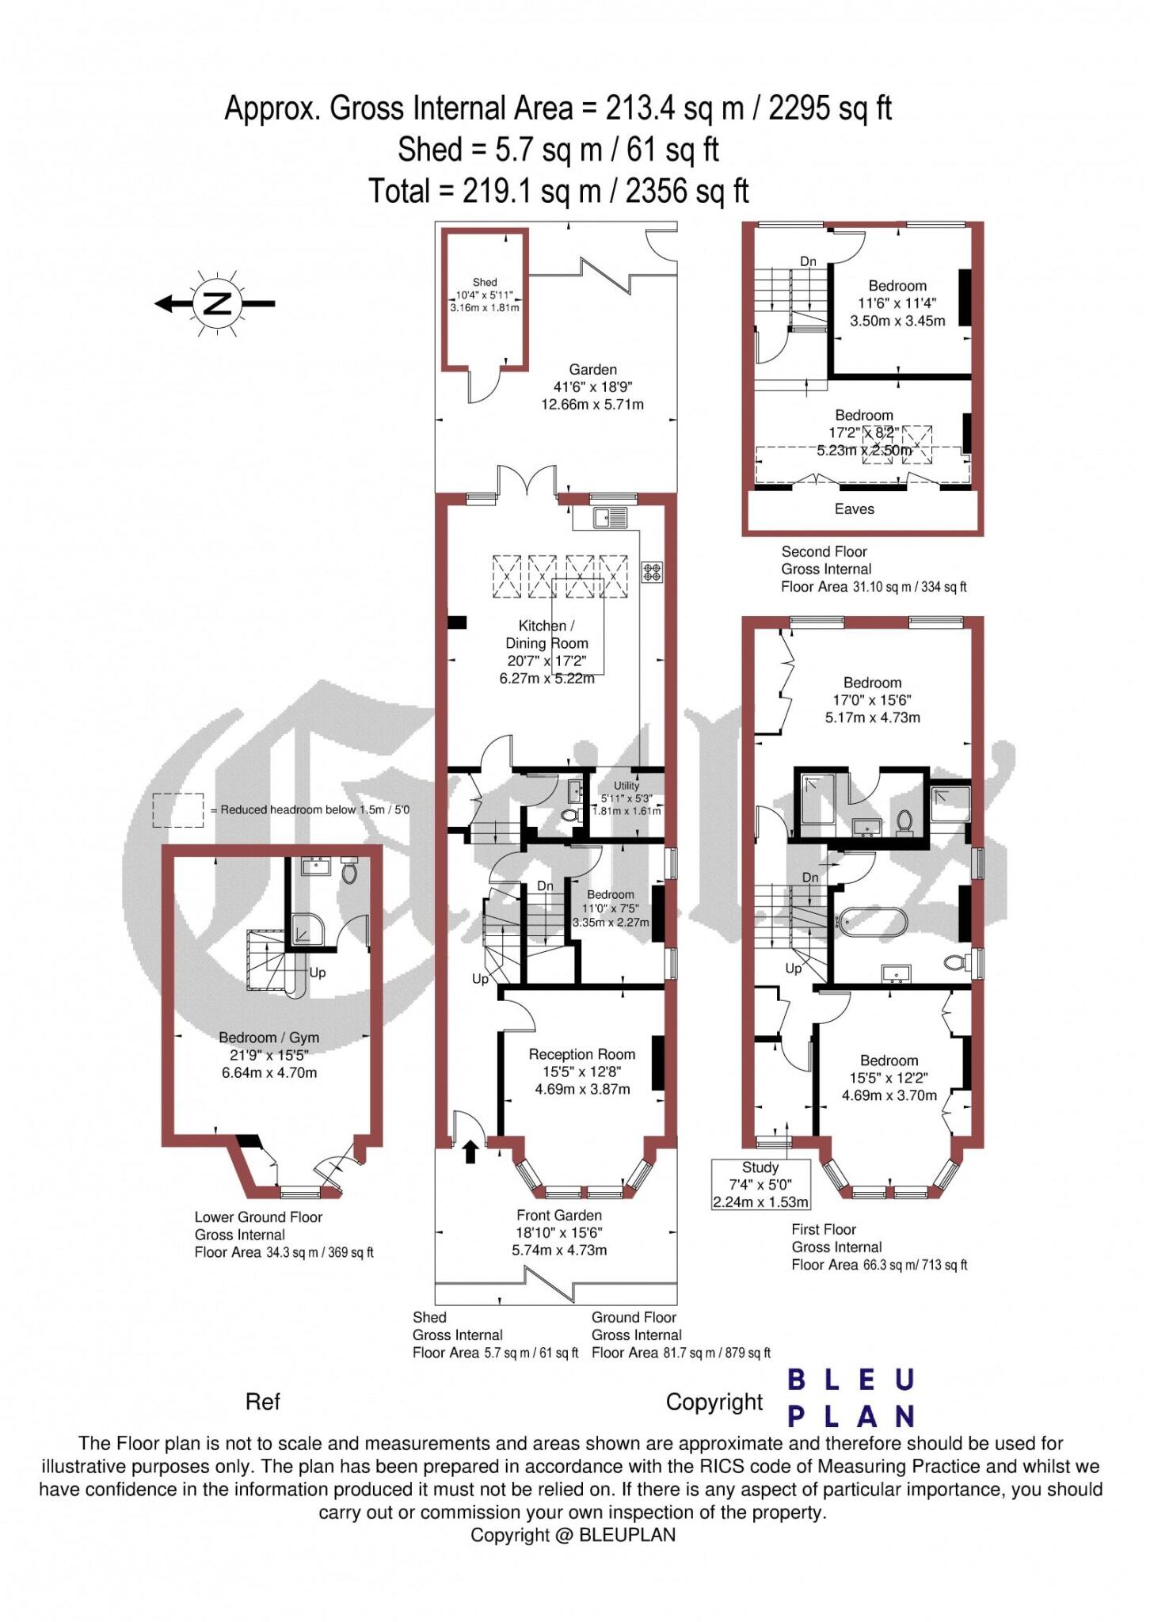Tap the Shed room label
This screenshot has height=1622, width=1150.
click(x=485, y=282)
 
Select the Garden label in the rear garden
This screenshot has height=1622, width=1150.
click(x=592, y=369)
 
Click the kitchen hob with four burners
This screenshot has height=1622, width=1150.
click(x=652, y=572)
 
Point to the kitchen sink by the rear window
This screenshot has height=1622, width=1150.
click(x=609, y=517)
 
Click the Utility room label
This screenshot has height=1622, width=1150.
click(x=626, y=786)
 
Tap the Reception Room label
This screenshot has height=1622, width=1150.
click(x=582, y=1054)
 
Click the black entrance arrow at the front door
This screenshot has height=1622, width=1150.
click(x=470, y=1152)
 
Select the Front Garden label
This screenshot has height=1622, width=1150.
click(x=559, y=1215)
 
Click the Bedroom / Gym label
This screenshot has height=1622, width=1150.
click(x=269, y=1038)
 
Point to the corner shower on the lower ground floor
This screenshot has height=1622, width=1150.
click(x=304, y=930)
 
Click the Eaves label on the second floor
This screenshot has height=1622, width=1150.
click(x=855, y=509)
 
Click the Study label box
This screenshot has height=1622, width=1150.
click(x=760, y=1184)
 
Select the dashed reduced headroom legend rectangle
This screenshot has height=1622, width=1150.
click(x=178, y=810)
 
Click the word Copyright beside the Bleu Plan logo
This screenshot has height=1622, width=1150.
click(x=714, y=1402)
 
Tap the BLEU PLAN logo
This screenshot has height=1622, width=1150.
click(x=851, y=1397)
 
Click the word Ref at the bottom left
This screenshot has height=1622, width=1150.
click(x=263, y=1402)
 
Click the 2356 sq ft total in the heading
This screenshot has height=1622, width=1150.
click(x=687, y=191)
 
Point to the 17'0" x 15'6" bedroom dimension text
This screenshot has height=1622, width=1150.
click(x=872, y=700)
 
